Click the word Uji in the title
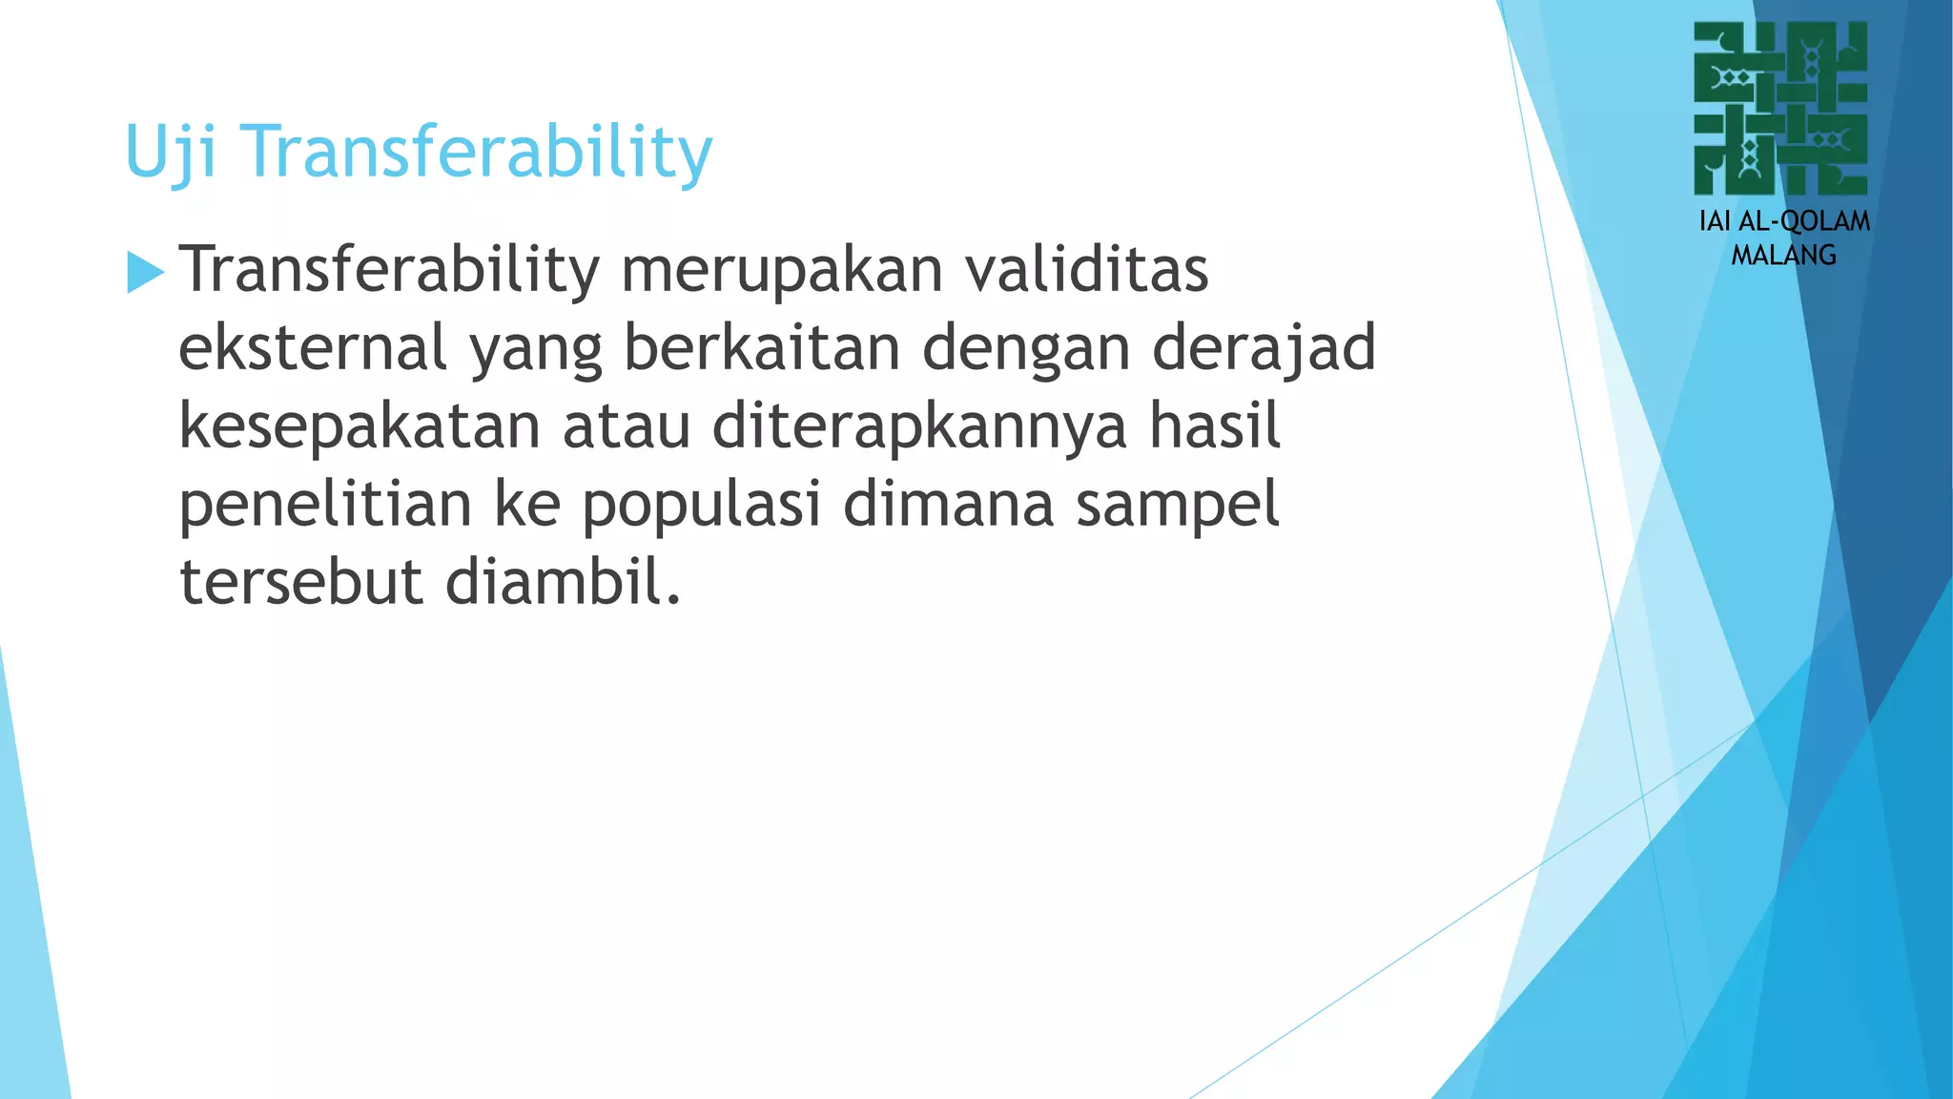click(x=172, y=153)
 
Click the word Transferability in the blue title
click(x=477, y=153)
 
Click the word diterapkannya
click(x=920, y=426)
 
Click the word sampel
click(x=1177, y=505)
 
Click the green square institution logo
click(x=1780, y=109)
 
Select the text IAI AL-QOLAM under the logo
click(x=1784, y=221)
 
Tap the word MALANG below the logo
click(x=1783, y=256)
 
